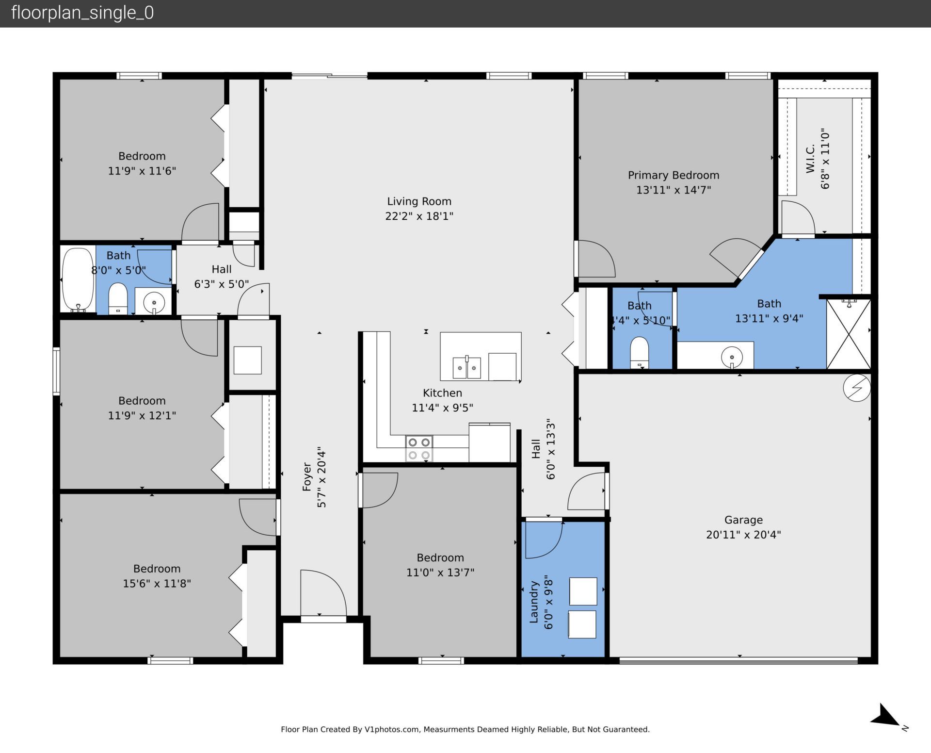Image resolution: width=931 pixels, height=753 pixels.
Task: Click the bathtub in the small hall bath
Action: pos(78,280)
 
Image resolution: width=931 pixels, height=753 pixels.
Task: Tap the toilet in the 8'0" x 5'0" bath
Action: pos(117,298)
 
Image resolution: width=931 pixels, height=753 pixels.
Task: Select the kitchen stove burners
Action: pos(419,448)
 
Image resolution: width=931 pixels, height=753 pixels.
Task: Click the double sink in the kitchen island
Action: pos(466,368)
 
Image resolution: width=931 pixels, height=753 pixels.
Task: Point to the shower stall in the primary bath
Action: pos(848,334)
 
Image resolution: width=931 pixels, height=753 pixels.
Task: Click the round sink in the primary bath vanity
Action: pos(731,358)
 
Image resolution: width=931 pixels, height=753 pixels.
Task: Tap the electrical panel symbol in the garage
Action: pos(856,388)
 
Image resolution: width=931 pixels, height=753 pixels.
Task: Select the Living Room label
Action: pos(419,201)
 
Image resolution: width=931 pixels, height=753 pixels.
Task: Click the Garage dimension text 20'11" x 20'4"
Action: pos(743,535)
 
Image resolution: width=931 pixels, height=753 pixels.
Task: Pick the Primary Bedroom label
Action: pos(673,175)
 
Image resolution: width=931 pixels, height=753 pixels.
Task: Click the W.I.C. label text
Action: pos(810,158)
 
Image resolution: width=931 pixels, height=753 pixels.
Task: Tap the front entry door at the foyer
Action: pos(323,594)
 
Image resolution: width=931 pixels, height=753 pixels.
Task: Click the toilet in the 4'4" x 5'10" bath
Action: pos(639,352)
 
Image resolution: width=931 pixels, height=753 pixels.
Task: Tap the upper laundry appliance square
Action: pos(582,591)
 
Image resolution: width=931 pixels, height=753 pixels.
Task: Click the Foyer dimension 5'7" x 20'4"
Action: pos(321,477)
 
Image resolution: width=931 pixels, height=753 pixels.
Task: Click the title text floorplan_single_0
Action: pos(82,13)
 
